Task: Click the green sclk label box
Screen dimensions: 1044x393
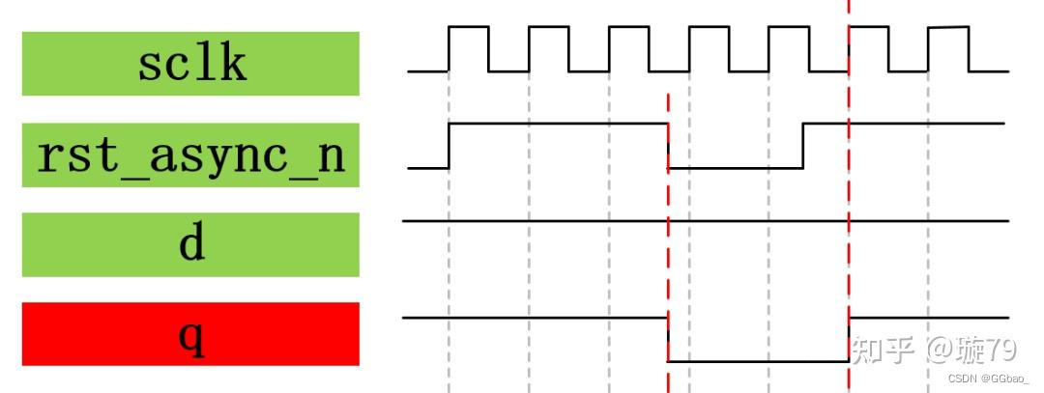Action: pyautogui.click(x=190, y=64)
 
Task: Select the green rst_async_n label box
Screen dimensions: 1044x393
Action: pyautogui.click(x=190, y=154)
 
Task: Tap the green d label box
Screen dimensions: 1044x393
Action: pyautogui.click(x=190, y=245)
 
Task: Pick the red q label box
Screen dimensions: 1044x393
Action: pyautogui.click(x=190, y=334)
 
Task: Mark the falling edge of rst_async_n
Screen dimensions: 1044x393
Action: pyautogui.click(x=668, y=146)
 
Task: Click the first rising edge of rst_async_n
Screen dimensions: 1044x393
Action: pyautogui.click(x=449, y=146)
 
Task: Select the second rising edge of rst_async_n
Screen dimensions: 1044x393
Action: pyautogui.click(x=804, y=146)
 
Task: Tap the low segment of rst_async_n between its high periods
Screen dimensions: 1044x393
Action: pyautogui.click(x=736, y=168)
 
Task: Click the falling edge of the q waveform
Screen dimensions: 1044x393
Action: pyautogui.click(x=668, y=339)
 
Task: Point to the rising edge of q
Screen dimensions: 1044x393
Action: pyautogui.click(x=849, y=339)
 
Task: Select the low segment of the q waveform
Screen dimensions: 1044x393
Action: pyautogui.click(x=758, y=361)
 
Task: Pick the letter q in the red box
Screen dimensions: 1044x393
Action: pyautogui.click(x=191, y=337)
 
